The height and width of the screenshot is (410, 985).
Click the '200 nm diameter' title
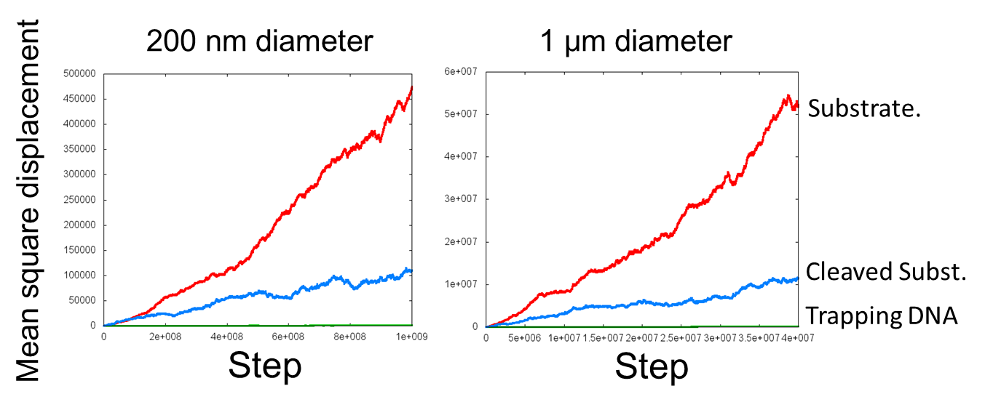pyautogui.click(x=259, y=41)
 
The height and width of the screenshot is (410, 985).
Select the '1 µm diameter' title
pyautogui.click(x=636, y=41)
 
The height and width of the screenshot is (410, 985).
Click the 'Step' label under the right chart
pyautogui.click(x=651, y=368)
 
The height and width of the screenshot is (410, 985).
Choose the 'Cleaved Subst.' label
pyautogui.click(x=886, y=272)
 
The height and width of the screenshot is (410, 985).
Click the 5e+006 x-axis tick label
pyautogui.click(x=525, y=338)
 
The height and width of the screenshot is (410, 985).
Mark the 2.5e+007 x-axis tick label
pyautogui.click(x=680, y=338)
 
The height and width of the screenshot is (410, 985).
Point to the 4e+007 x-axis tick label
pyautogui.click(x=797, y=338)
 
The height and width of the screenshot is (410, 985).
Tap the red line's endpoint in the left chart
pyautogui.click(x=412, y=87)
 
